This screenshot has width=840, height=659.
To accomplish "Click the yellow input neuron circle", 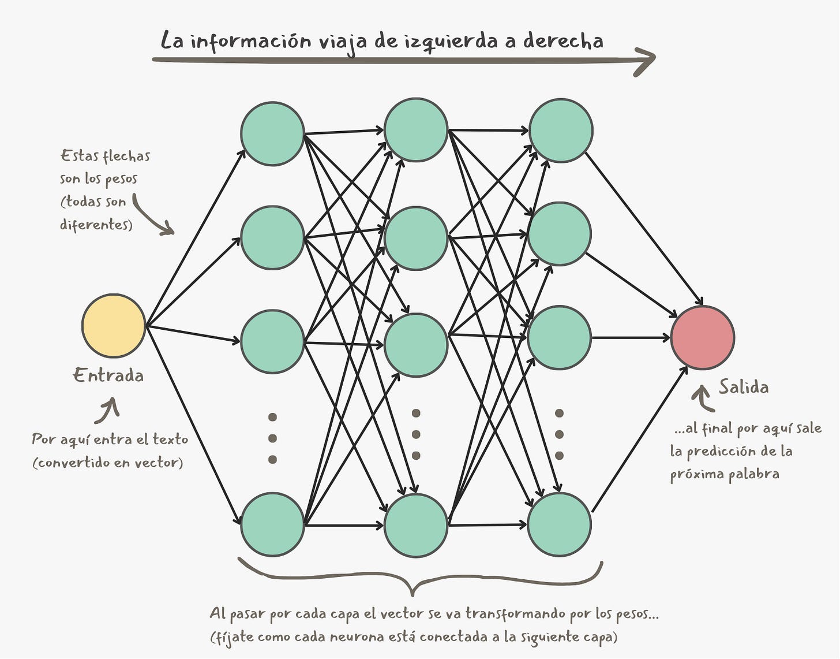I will (x=114, y=326).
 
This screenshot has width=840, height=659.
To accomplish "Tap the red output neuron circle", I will (x=702, y=338).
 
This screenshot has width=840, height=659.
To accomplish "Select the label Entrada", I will (x=108, y=375).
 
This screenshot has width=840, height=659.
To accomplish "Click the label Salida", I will (x=744, y=386).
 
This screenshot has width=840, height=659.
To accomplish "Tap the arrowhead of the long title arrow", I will (x=646, y=59).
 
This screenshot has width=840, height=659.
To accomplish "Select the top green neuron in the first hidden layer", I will (x=272, y=134).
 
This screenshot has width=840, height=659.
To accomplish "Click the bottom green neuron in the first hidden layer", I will (x=272, y=524).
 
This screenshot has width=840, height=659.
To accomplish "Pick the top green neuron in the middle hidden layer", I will (x=416, y=130).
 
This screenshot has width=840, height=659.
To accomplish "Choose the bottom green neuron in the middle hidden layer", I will (x=416, y=526).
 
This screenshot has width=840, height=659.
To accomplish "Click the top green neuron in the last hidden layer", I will (x=560, y=130).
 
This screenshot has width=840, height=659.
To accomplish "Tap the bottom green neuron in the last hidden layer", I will (x=559, y=524).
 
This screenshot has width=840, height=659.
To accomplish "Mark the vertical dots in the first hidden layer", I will (x=273, y=438).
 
